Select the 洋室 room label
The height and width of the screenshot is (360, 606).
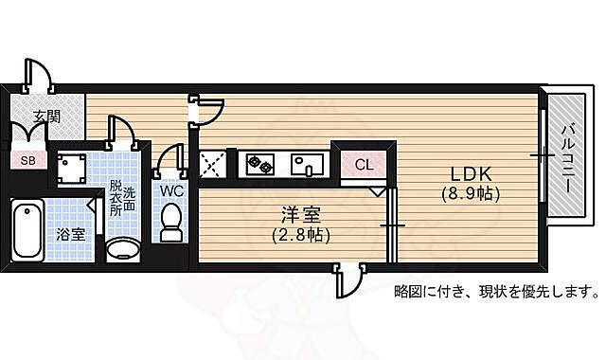(300, 215)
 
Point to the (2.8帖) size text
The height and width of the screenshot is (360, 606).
(300, 234)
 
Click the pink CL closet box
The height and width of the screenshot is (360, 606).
(365, 164)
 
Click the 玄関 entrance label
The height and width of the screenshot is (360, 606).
(46, 117)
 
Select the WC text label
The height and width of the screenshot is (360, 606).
(171, 189)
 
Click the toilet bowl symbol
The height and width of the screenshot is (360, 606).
(171, 222)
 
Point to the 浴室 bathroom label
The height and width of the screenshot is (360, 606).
(69, 232)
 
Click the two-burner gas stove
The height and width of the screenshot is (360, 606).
(260, 166)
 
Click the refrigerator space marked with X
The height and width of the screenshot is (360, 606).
(210, 166)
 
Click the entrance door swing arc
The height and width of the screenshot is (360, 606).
(38, 76)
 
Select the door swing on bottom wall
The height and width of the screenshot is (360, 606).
(348, 282)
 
